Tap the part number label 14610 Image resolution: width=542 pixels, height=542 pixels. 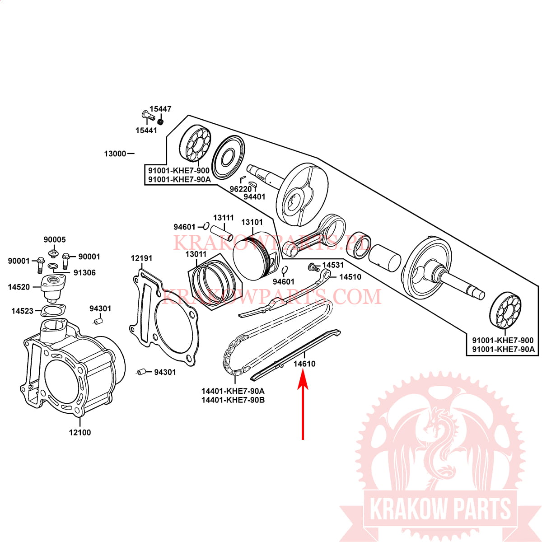click(x=304, y=364)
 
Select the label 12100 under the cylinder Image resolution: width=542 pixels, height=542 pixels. click(x=80, y=432)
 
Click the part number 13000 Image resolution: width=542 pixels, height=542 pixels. click(x=115, y=154)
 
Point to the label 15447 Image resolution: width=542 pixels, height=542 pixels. click(x=160, y=109)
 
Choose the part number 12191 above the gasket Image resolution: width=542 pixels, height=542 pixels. click(x=141, y=258)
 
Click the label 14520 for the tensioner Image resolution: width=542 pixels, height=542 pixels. click(x=19, y=287)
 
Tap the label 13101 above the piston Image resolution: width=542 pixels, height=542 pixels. click(x=252, y=222)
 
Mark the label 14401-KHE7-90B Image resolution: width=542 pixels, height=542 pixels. click(x=233, y=400)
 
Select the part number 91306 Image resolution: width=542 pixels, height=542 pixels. click(x=84, y=272)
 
